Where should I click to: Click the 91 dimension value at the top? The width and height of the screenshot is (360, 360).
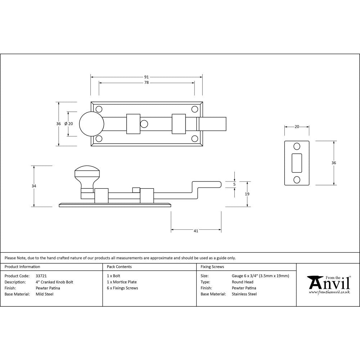click(146, 77)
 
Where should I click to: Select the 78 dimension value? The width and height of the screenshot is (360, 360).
click(146, 83)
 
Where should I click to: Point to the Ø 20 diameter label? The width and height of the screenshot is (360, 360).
click(68, 123)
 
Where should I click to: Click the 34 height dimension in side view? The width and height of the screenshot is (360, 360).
click(34, 186)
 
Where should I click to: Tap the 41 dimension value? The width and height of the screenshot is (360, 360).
click(196, 231)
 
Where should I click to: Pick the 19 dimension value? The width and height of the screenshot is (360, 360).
click(247, 194)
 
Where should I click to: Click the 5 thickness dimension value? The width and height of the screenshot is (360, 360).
click(234, 184)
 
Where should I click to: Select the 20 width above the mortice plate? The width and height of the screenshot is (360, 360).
click(297, 126)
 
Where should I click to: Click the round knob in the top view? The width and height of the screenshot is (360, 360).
click(91, 123)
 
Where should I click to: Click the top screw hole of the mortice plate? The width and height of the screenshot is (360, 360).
click(297, 147)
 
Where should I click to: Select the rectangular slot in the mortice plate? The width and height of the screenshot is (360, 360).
click(297, 163)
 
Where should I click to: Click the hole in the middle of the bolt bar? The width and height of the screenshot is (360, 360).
click(144, 124)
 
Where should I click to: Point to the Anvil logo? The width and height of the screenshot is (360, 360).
click(329, 284)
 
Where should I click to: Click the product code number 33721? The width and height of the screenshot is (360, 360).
click(41, 276)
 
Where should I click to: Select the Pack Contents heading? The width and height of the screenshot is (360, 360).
click(119, 267)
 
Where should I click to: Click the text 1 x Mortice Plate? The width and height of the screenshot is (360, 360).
click(122, 282)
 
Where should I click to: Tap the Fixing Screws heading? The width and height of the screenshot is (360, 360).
click(212, 267)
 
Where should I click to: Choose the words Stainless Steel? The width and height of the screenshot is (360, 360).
click(244, 294)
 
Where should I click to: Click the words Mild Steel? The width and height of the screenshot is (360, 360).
click(44, 294)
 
